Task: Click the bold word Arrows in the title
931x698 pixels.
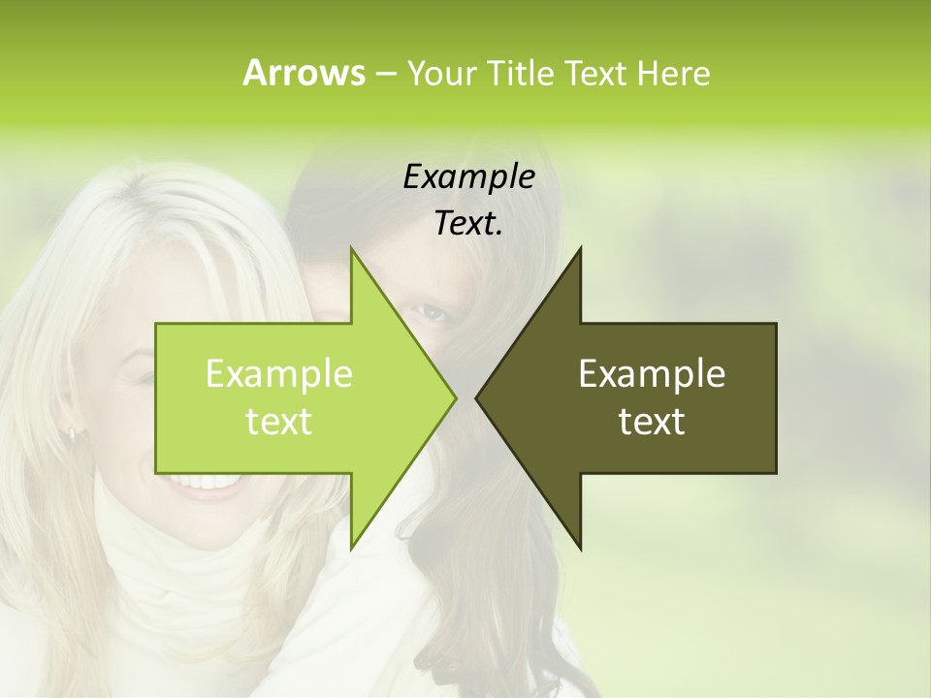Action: (x=304, y=73)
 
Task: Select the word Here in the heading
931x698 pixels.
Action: (x=673, y=73)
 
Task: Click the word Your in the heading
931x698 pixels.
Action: (x=439, y=73)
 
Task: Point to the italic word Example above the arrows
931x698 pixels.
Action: (x=468, y=176)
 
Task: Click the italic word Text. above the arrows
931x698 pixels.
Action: (x=468, y=223)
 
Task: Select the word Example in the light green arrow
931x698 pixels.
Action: (x=278, y=373)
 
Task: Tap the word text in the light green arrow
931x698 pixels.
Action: (x=278, y=421)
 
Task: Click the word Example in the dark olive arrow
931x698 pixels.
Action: (x=652, y=373)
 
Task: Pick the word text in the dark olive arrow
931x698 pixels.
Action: (x=652, y=421)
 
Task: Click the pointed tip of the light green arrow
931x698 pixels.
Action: (x=455, y=397)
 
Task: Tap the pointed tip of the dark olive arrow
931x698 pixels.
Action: (x=476, y=397)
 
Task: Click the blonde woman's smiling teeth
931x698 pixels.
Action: (x=199, y=481)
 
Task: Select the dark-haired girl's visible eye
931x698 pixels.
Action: (x=431, y=312)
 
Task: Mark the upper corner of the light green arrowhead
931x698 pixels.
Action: (x=351, y=247)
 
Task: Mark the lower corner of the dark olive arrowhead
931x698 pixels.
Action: (x=580, y=548)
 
